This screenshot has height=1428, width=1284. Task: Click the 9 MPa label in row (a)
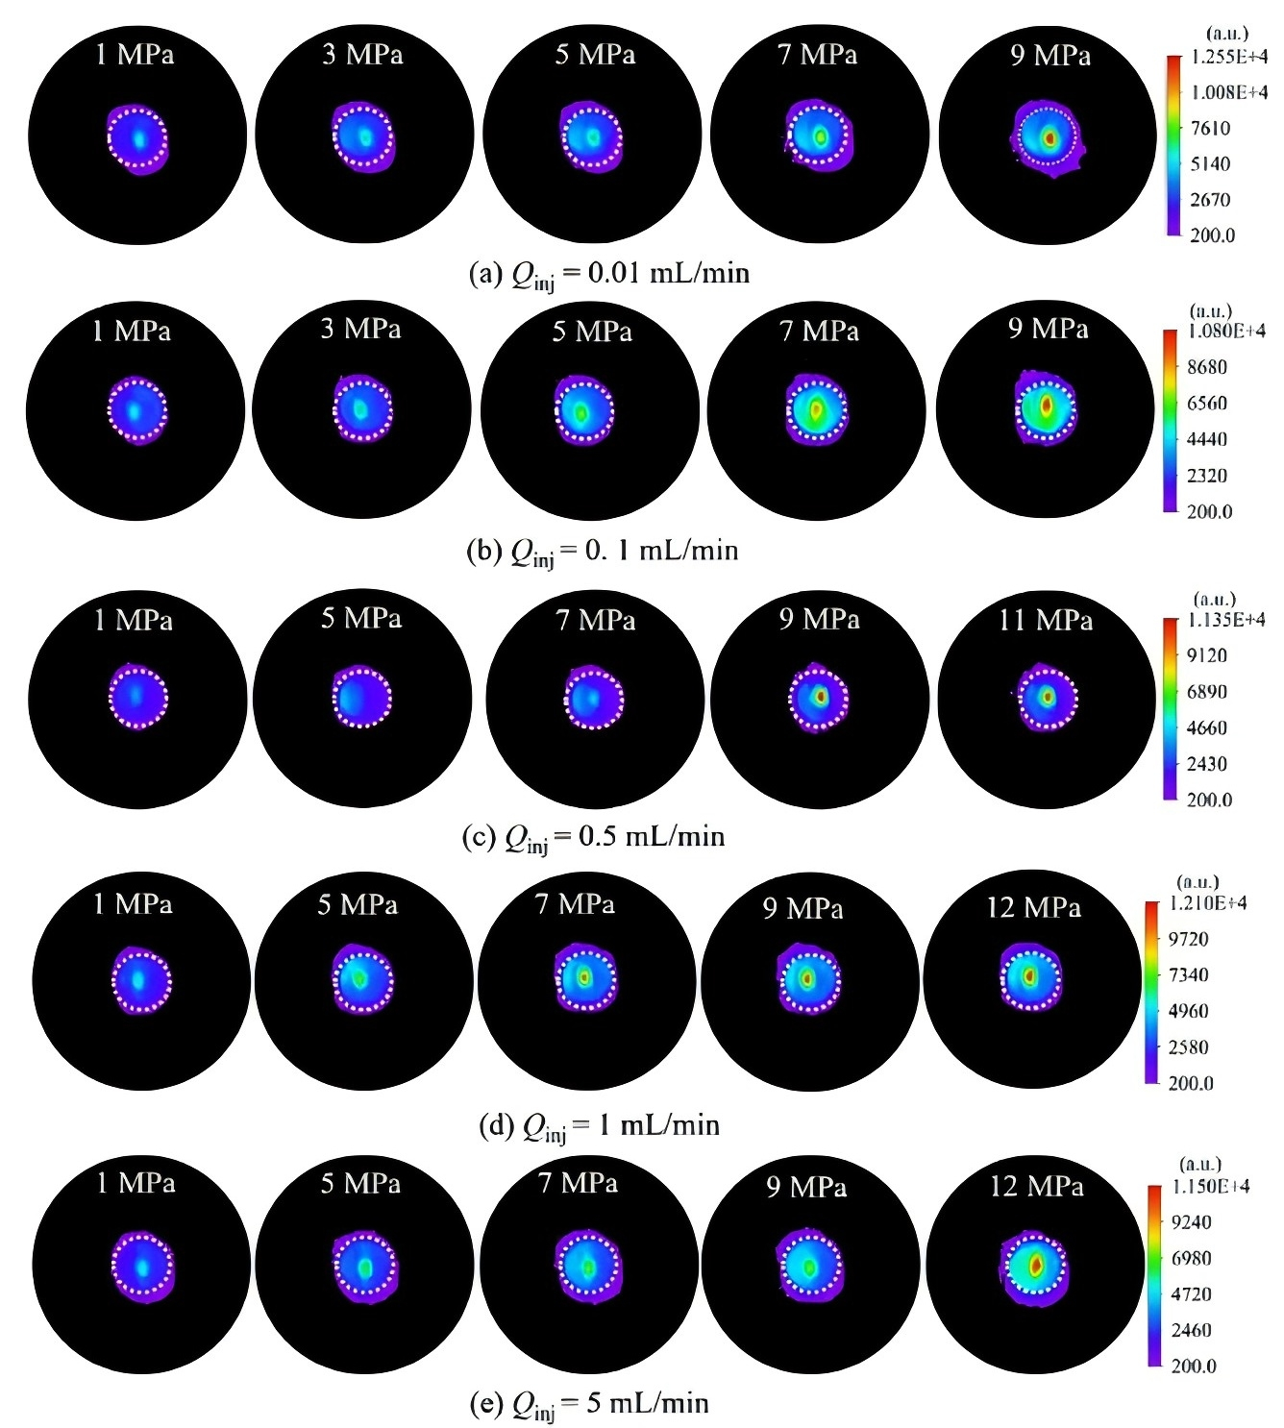click(x=1049, y=56)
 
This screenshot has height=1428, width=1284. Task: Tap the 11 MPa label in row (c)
click(x=1046, y=620)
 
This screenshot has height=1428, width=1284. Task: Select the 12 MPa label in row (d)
click(x=1033, y=907)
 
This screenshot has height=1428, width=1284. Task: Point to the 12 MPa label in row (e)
click(x=1036, y=1187)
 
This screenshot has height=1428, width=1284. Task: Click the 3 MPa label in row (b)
click(x=361, y=329)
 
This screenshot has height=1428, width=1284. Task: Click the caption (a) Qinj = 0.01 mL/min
click(x=608, y=275)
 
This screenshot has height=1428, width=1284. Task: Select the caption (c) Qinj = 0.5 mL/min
click(x=593, y=837)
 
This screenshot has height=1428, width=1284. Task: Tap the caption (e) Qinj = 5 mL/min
click(x=589, y=1404)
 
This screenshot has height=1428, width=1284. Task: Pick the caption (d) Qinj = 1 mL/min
click(x=599, y=1125)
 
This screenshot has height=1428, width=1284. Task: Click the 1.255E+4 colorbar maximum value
click(x=1228, y=57)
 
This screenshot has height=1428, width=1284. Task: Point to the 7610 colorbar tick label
click(x=1210, y=128)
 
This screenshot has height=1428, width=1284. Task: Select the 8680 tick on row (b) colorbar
click(x=1206, y=367)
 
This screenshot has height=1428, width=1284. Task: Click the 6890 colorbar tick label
click(x=1206, y=692)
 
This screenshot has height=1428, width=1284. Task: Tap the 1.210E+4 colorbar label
click(x=1207, y=903)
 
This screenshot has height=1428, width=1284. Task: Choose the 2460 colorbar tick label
click(x=1191, y=1330)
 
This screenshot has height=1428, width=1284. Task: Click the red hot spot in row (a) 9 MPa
click(x=1049, y=138)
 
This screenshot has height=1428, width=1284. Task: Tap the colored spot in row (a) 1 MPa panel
click(x=138, y=138)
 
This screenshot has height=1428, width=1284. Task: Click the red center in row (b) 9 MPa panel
click(x=1047, y=407)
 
